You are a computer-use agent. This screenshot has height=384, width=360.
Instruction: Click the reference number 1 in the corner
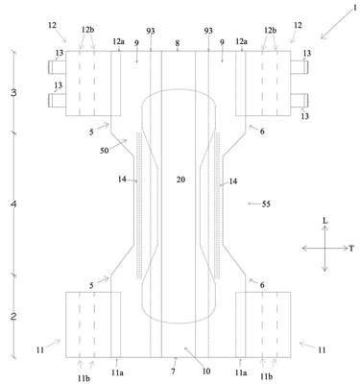pos(354,8)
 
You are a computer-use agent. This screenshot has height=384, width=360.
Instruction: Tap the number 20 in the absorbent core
pos(180,180)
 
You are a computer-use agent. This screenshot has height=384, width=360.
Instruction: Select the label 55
pos(266,204)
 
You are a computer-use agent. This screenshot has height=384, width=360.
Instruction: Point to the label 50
pos(105,151)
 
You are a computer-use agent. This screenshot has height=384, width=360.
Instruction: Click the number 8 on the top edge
pos(178,43)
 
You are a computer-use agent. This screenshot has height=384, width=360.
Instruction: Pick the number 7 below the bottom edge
pos(174,372)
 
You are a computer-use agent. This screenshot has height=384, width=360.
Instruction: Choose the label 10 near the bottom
pos(206,372)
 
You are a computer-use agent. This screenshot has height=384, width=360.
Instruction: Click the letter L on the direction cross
pos(325,221)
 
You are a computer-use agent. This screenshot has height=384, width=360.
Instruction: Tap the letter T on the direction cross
pos(351,249)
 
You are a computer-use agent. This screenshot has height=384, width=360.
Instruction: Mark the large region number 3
pos(13,93)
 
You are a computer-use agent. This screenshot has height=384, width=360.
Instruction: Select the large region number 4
pos(13,204)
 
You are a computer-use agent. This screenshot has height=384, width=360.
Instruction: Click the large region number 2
pos(13,317)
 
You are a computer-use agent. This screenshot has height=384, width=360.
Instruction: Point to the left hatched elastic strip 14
pos(139,204)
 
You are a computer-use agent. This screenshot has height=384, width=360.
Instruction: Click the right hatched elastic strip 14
pos(218,204)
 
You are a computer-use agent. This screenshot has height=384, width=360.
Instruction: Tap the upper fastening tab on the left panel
pos(57,67)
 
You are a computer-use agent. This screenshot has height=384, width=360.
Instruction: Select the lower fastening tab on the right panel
pos(300,100)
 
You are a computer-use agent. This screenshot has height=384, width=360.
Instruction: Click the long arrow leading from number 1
pos(335,26)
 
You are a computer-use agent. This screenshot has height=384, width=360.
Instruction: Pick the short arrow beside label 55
pos(254,204)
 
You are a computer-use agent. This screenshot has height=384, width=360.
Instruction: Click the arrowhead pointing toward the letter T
pos(346,248)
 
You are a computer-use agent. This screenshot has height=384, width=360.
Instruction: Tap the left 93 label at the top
pos(151,31)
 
